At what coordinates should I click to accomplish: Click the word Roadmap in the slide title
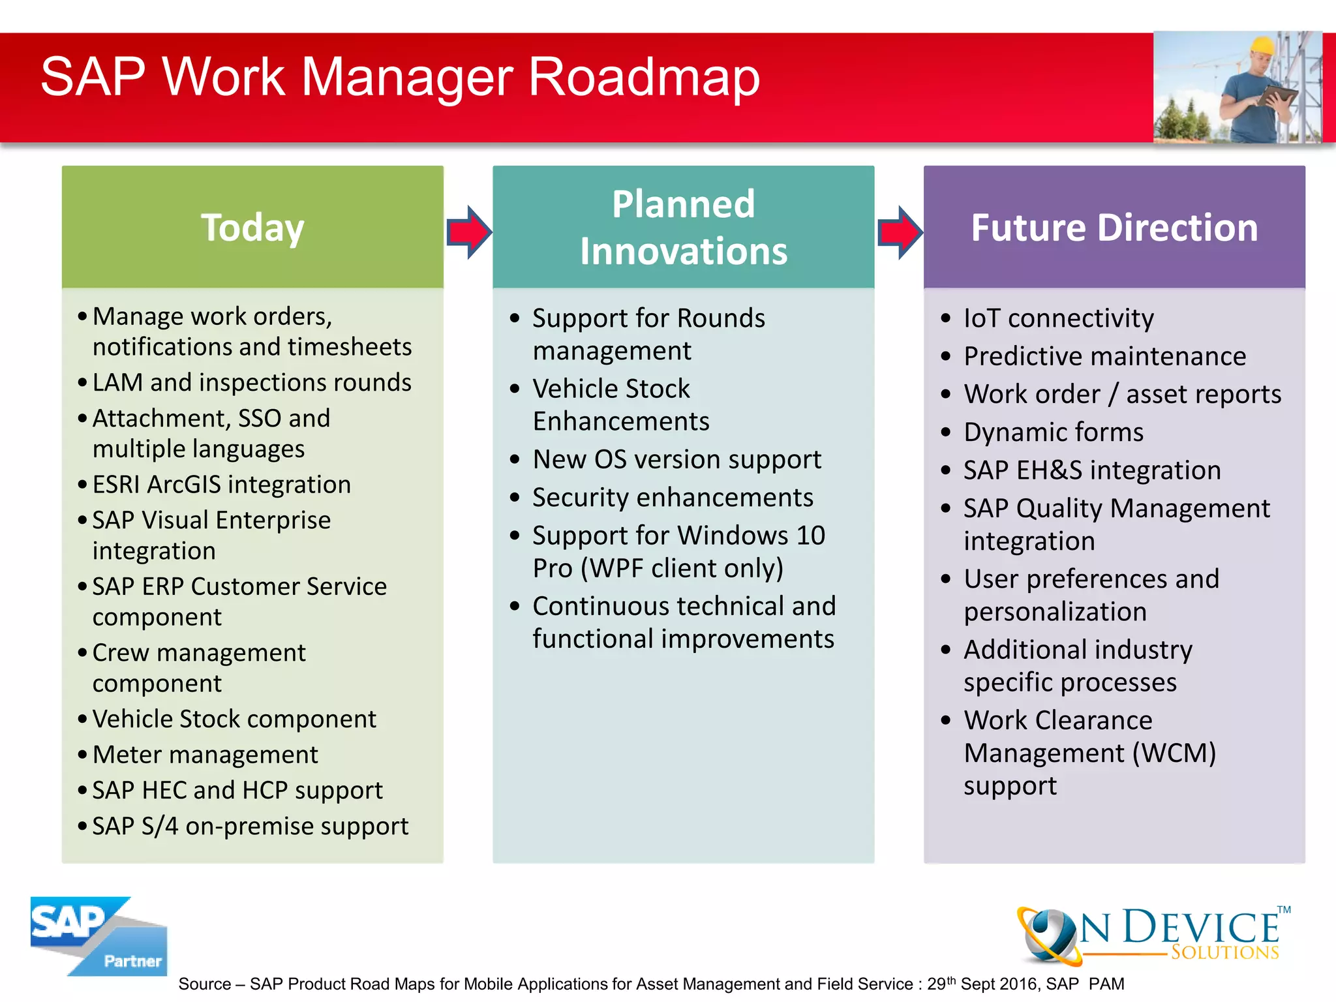(644, 77)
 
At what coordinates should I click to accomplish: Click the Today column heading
(252, 228)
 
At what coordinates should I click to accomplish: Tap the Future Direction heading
(1114, 228)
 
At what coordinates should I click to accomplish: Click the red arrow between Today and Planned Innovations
(468, 232)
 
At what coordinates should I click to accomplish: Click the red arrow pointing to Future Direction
(900, 232)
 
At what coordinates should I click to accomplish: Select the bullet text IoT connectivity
(1058, 318)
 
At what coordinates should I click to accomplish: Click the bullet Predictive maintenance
(1104, 356)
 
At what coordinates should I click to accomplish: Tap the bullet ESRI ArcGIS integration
(221, 485)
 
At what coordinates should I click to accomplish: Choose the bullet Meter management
(205, 755)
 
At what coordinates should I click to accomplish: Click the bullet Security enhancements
(673, 498)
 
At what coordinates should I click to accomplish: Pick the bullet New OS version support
(676, 459)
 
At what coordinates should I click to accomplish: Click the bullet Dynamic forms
(1053, 433)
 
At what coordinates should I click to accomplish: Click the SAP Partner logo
(98, 936)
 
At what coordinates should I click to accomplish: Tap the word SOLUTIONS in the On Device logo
(1224, 952)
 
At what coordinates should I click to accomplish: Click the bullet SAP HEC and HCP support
(237, 791)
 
